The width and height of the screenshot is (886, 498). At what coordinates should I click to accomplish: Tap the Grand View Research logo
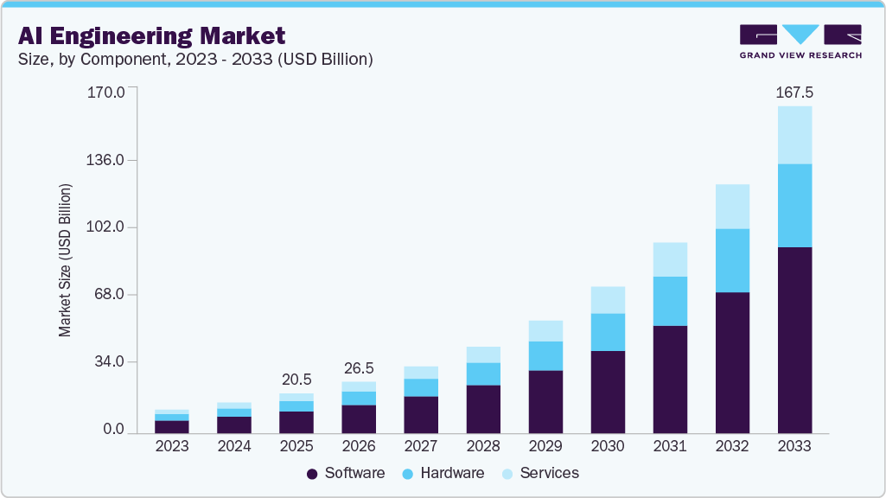click(800, 41)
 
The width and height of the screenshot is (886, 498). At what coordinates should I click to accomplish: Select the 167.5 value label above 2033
click(794, 92)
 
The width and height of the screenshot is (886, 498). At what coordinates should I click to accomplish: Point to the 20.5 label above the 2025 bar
click(296, 380)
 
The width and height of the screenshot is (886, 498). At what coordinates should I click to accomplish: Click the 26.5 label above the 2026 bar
click(359, 367)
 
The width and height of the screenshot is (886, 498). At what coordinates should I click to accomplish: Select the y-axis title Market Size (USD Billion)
click(65, 260)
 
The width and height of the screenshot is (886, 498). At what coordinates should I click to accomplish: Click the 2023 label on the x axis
click(172, 447)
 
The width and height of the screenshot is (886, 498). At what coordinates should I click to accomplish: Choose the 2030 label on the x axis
click(608, 447)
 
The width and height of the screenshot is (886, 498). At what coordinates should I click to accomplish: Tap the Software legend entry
click(346, 474)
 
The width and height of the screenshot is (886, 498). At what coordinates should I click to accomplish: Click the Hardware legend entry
click(443, 474)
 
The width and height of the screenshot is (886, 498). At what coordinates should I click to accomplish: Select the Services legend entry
click(540, 474)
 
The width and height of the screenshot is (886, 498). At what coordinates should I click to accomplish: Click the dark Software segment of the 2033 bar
click(794, 340)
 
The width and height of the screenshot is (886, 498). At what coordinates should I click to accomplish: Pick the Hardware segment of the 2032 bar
click(732, 260)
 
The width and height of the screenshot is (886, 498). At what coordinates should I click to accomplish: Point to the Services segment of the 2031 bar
click(670, 259)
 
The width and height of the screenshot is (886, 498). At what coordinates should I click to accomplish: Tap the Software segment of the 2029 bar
click(545, 401)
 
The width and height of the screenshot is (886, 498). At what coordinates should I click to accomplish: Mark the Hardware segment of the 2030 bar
click(608, 332)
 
